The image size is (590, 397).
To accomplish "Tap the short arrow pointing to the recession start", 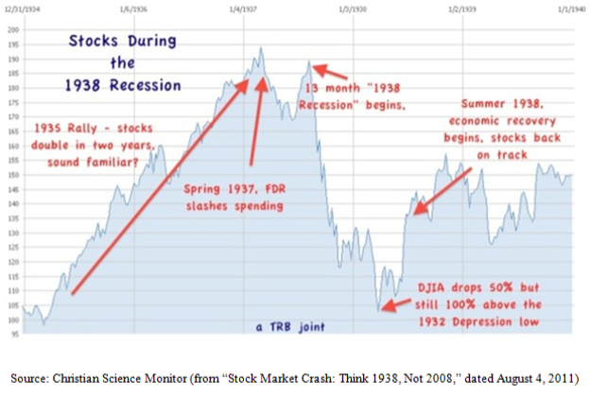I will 321,68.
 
